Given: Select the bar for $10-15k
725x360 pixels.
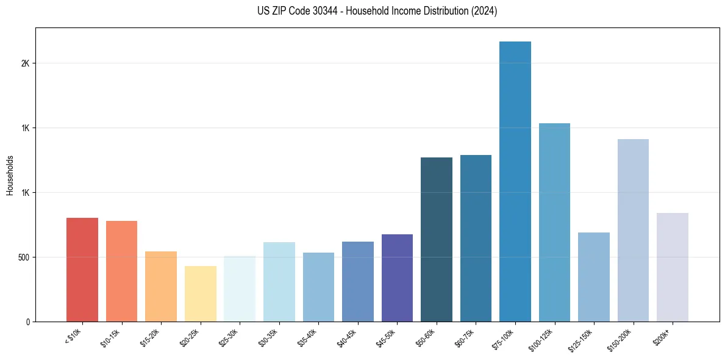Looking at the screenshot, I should click(121, 271).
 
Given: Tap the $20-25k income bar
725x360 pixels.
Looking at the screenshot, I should click(201, 293).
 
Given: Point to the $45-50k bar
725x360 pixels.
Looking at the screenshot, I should click(397, 278).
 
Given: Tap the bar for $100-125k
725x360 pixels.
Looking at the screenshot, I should click(554, 222).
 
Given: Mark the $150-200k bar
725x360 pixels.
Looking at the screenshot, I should click(633, 230).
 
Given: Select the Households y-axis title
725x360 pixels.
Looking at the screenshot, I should click(10, 175).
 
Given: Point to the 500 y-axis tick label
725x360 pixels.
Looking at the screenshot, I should click(23, 257).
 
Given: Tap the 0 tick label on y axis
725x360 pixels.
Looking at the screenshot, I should click(28, 322).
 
